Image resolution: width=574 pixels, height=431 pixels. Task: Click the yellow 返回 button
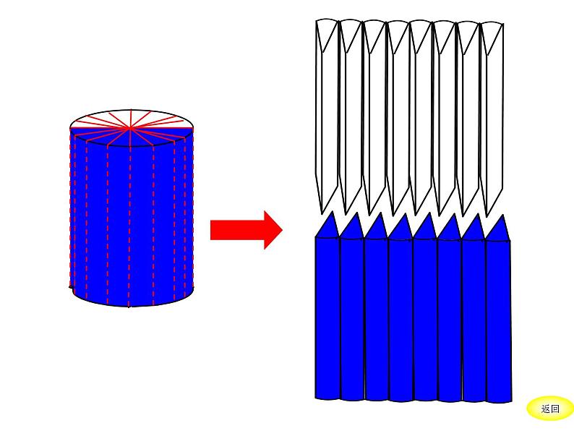tap(550, 409)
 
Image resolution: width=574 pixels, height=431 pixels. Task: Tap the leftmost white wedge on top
tap(327, 108)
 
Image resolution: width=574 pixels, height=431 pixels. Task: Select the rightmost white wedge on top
tap(493, 108)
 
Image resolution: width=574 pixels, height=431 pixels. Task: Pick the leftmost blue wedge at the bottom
tap(327, 318)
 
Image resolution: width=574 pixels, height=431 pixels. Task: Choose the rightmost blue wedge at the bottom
tap(498, 318)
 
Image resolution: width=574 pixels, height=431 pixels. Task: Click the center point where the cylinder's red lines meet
tap(130, 128)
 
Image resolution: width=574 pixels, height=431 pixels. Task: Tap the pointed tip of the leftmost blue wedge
tap(332, 213)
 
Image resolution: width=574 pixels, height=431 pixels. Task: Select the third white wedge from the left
tap(374, 108)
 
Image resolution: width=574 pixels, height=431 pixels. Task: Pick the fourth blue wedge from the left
tap(400, 318)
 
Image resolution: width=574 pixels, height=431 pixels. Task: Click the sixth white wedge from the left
tap(445, 108)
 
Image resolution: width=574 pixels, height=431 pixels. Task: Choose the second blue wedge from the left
tap(352, 318)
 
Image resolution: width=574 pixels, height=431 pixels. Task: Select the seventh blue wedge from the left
tap(474, 318)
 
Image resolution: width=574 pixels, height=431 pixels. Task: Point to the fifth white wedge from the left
tap(421, 108)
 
